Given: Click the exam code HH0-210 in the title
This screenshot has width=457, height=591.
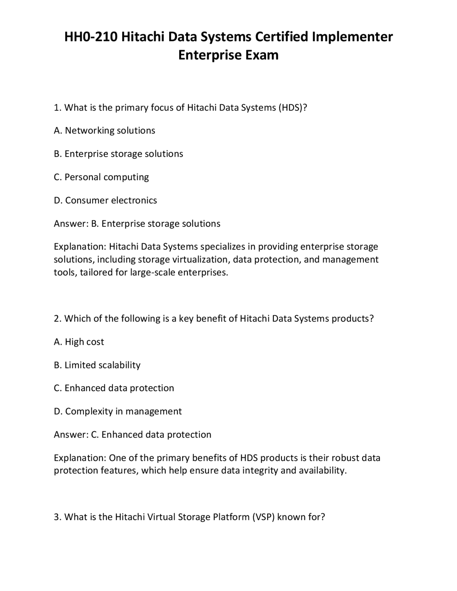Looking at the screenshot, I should pos(91,37).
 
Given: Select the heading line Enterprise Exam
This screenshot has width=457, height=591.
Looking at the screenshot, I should pos(228,55).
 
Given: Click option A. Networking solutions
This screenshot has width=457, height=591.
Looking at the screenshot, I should pos(105,131).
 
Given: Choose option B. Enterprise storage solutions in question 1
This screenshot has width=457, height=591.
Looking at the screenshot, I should pos(119,154).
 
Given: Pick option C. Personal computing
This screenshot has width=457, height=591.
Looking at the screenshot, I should pos(101,177).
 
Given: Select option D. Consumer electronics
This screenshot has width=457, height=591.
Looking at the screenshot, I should pos(105,200).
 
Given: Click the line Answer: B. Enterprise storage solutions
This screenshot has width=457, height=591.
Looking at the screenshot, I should pos(137,224).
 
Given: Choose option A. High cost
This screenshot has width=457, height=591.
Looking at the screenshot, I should pos(79,342).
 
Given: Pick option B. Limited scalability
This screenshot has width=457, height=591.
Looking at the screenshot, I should pos(97,365).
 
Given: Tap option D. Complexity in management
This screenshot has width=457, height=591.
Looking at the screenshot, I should pos(118,411).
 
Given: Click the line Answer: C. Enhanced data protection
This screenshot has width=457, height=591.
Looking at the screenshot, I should pos(132,435).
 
